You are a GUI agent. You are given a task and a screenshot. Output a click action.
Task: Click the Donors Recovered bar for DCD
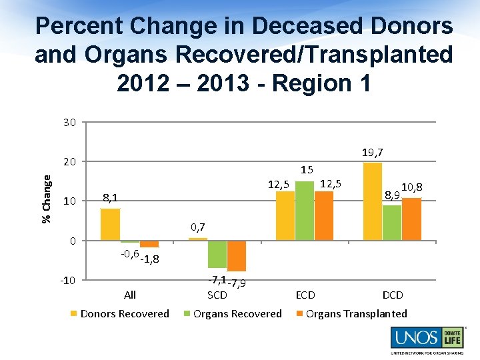coord(373,201)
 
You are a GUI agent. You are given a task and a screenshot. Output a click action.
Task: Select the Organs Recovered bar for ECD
coord(305,211)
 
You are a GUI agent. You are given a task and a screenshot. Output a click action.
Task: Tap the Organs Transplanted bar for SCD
coord(237,255)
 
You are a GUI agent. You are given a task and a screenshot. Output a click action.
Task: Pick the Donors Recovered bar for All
coord(110,224)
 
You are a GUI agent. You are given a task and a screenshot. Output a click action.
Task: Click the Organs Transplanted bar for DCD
coord(411,219)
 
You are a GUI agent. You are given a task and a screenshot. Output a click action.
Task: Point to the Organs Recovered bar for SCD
coord(217,254)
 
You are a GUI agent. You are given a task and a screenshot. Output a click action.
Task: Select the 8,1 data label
coord(111,198)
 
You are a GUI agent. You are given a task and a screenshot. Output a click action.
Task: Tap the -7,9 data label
coord(237,283)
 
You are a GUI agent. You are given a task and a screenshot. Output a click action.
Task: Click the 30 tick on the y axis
coord(70,122)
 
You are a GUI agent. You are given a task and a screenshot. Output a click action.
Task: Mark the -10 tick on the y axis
coord(68,280)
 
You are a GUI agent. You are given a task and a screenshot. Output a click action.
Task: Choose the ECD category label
coord(305,295)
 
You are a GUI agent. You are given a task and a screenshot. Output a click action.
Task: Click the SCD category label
coord(217,295)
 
